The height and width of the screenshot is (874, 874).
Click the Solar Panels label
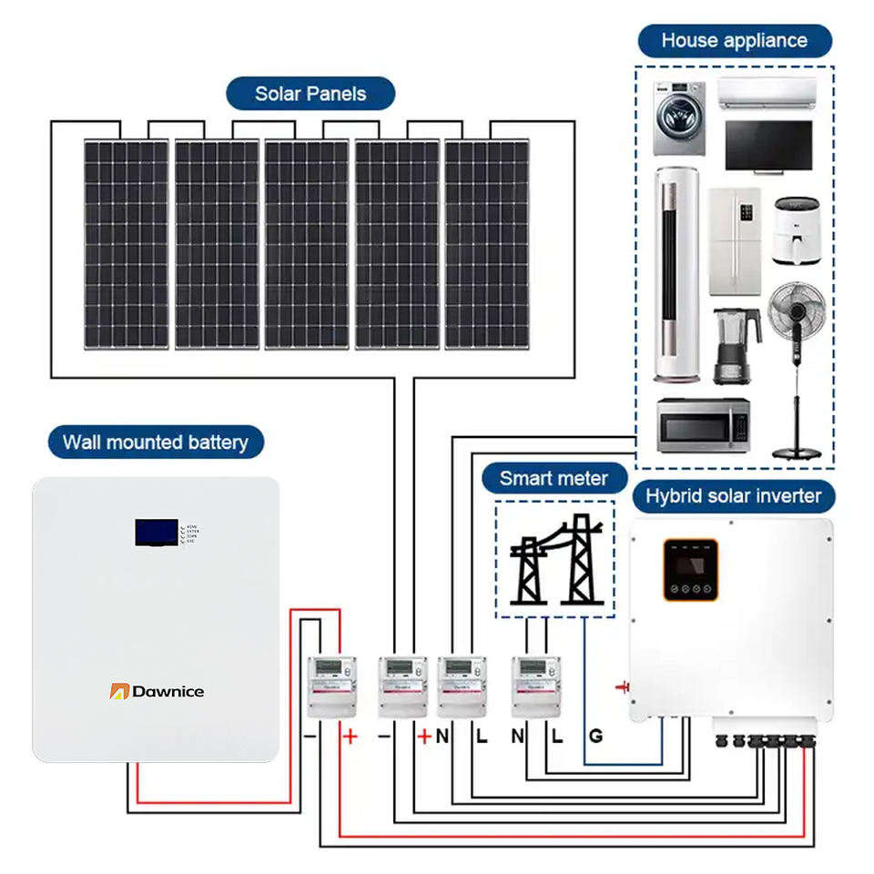tap(310, 94)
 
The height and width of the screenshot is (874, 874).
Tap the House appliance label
tap(734, 41)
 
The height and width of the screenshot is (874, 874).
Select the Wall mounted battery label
tap(156, 443)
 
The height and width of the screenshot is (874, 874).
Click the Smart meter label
tap(554, 478)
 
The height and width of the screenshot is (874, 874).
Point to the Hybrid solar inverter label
tap(733, 496)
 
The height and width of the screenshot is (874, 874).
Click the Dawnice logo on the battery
tap(157, 691)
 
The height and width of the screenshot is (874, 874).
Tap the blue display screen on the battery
tap(157, 533)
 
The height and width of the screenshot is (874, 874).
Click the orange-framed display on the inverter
tap(690, 569)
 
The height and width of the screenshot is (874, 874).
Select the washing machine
tap(679, 118)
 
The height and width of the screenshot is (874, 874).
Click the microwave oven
tap(703, 425)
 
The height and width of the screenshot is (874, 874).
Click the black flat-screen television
tap(768, 146)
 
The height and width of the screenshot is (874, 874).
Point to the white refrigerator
tap(734, 241)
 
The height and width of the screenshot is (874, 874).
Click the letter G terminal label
tap(595, 737)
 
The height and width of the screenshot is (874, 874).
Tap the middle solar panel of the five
tap(307, 243)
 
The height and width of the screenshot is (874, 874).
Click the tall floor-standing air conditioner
tap(676, 273)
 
